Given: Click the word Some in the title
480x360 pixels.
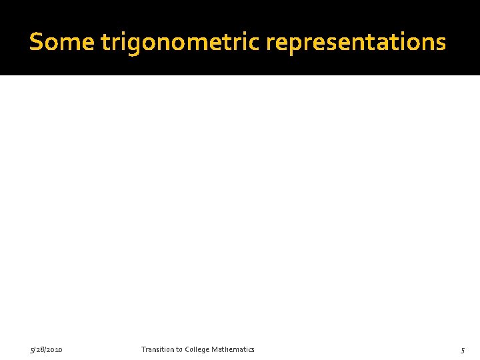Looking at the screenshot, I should (x=62, y=42).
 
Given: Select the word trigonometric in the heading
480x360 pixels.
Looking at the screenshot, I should (x=181, y=43).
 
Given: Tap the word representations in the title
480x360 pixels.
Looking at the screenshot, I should (x=356, y=43).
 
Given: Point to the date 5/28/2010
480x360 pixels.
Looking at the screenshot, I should (x=46, y=349).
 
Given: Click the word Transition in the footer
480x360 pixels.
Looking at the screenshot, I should (x=158, y=349).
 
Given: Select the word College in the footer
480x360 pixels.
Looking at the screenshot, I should (x=199, y=349).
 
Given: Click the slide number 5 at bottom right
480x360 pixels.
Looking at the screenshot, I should (x=462, y=350).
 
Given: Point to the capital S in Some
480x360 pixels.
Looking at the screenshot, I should (x=36, y=42).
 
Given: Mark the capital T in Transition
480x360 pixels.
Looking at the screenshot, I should (x=143, y=349).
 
